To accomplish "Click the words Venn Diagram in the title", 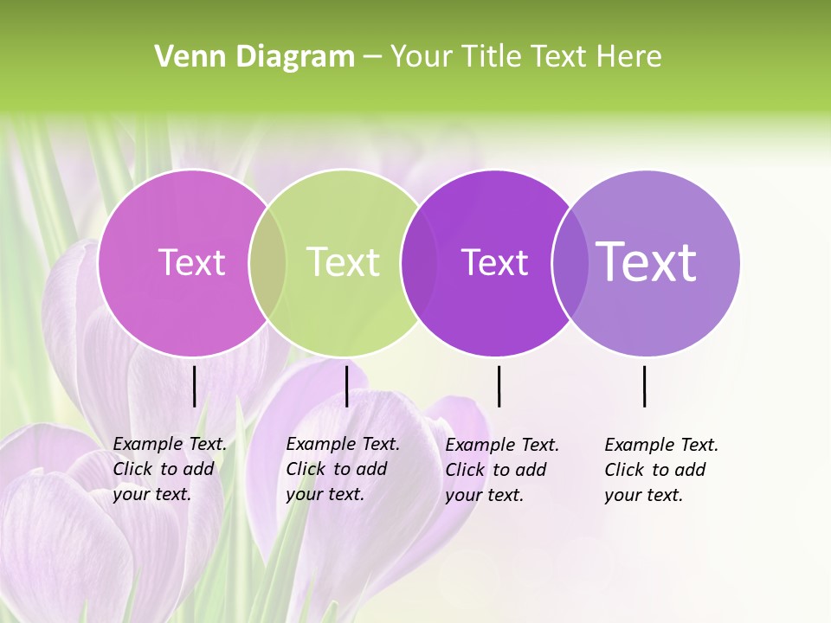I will click(254, 57).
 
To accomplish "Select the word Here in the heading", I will click(630, 57).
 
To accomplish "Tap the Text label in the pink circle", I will click(191, 262).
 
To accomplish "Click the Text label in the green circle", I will click(343, 262).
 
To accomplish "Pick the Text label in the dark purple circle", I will click(494, 262).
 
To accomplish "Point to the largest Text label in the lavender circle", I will click(647, 262).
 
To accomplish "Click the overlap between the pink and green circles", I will click(267, 263).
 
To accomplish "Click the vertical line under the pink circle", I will click(194, 386).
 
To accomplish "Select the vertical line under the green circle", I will click(346, 386).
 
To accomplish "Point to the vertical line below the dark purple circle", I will click(499, 386).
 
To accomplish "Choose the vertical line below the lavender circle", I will click(644, 386).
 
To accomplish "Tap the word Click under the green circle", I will click(305, 469).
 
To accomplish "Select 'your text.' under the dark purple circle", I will click(484, 495).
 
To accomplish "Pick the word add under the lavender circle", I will click(691, 470).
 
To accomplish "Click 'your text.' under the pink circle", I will click(151, 494).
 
